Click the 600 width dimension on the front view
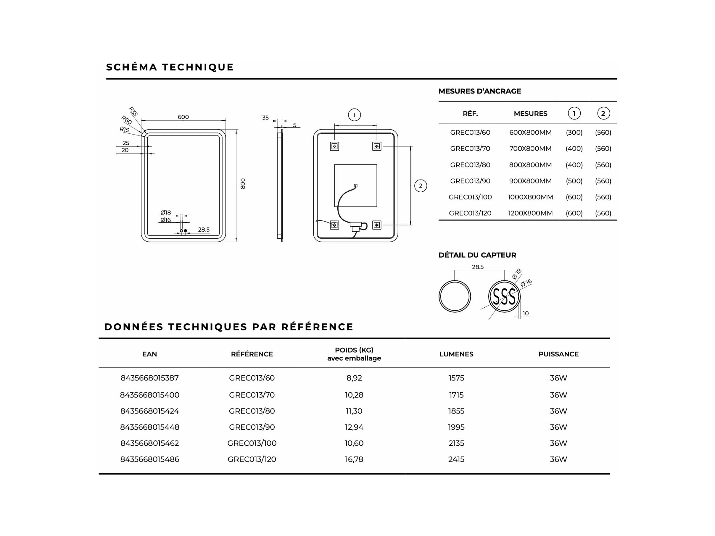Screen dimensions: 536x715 tap(183, 117)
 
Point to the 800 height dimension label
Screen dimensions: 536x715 tap(243, 183)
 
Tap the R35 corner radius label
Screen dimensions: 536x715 tap(133, 112)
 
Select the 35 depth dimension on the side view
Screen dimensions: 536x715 tap(265, 118)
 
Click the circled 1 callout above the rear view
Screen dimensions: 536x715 tap(354, 115)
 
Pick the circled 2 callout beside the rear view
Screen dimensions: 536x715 tap(421, 186)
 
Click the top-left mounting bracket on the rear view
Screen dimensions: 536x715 tap(334, 146)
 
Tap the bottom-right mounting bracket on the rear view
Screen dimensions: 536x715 tap(377, 225)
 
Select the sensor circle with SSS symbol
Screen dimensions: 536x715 tap(504, 296)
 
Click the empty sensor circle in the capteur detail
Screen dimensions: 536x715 tap(455, 296)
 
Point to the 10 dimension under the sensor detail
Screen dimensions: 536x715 tap(526, 313)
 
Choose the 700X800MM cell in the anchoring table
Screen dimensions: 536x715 tap(530, 148)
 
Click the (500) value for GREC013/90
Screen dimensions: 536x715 tap(574, 181)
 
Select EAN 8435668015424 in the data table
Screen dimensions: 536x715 tap(150, 411)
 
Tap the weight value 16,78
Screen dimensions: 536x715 tap(354, 459)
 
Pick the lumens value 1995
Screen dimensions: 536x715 tap(456, 427)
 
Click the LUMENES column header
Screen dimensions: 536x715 tap(456, 354)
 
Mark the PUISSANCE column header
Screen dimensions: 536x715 tap(558, 354)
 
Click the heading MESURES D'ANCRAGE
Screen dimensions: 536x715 tap(480, 91)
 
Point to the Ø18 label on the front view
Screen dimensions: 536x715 tap(166, 213)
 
